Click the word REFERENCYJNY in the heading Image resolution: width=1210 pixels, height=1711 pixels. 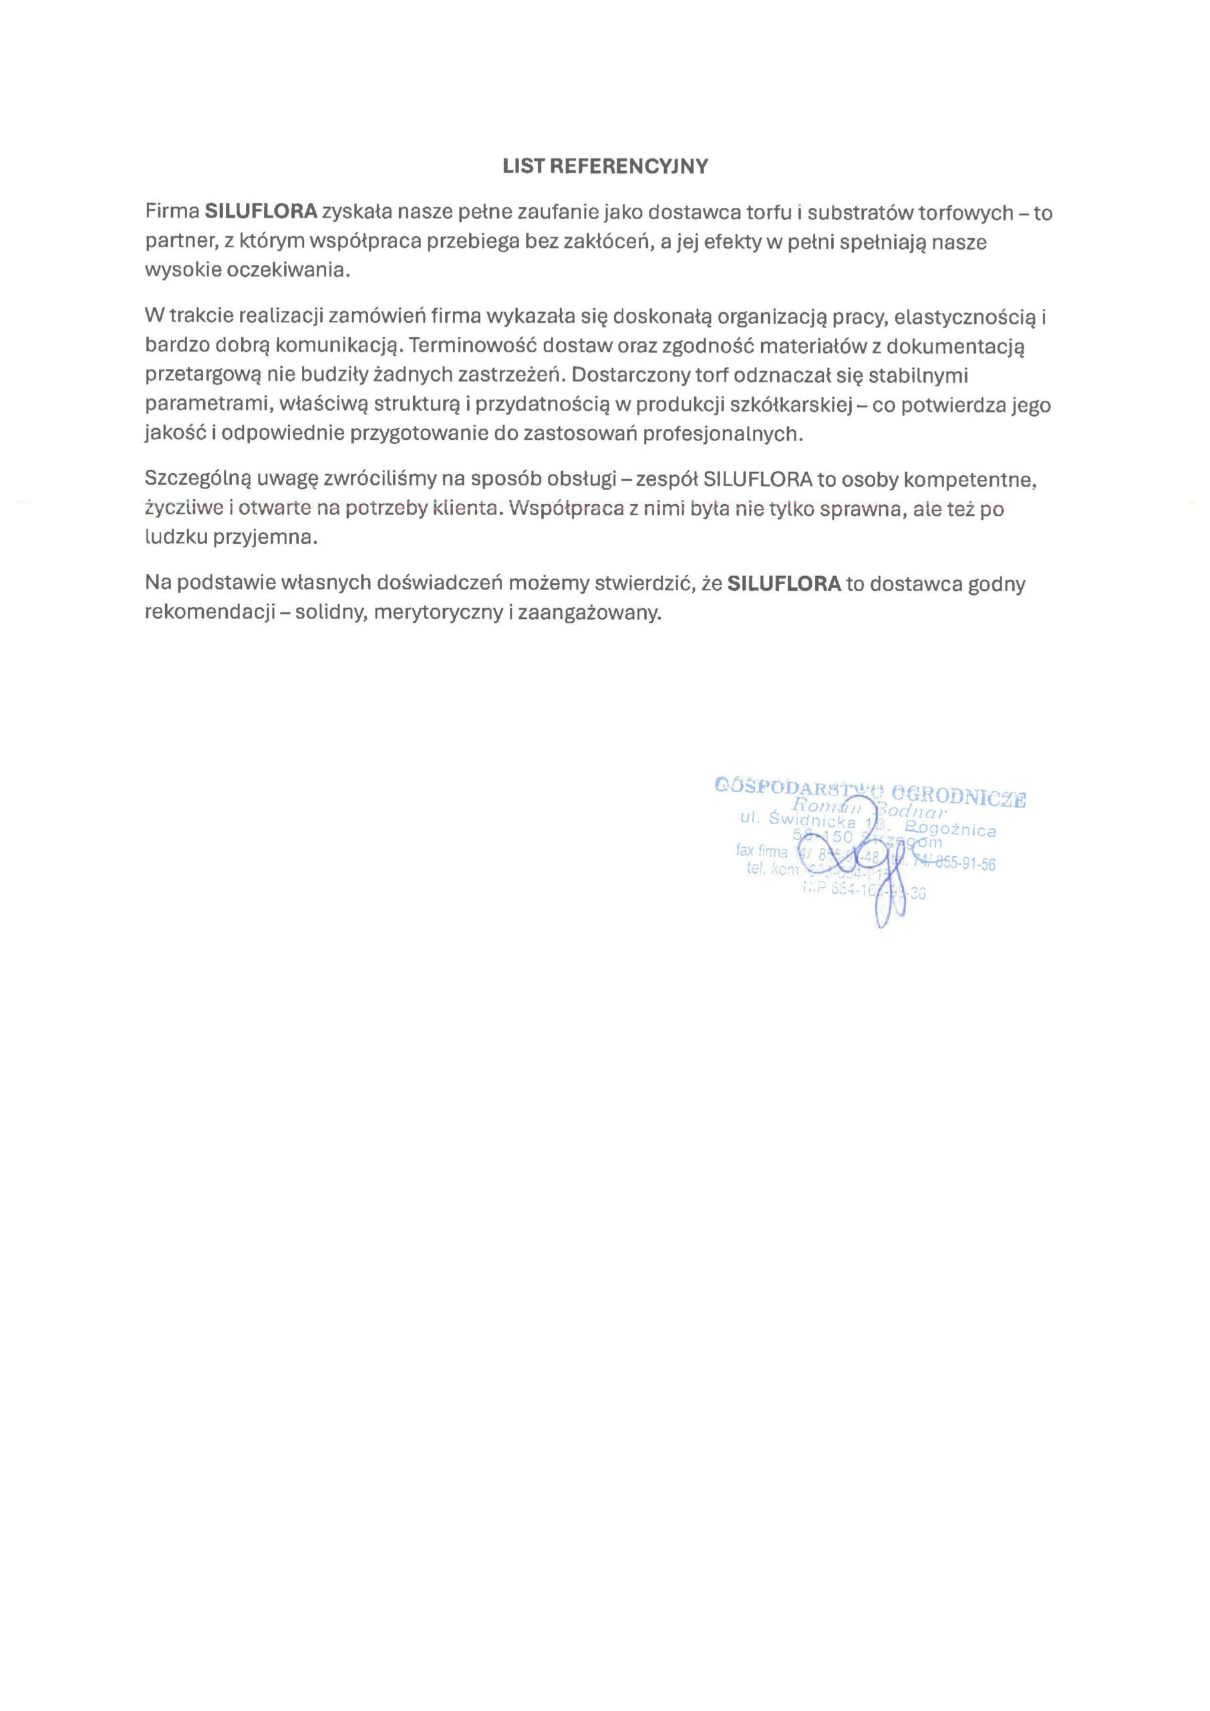point(628,166)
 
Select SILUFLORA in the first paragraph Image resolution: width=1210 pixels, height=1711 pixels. point(261,213)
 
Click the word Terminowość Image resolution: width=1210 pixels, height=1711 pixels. point(473,346)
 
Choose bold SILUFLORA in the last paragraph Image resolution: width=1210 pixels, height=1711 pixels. point(784,583)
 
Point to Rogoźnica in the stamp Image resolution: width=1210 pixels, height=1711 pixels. point(950,829)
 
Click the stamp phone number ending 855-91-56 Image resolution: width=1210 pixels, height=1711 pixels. point(957,864)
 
